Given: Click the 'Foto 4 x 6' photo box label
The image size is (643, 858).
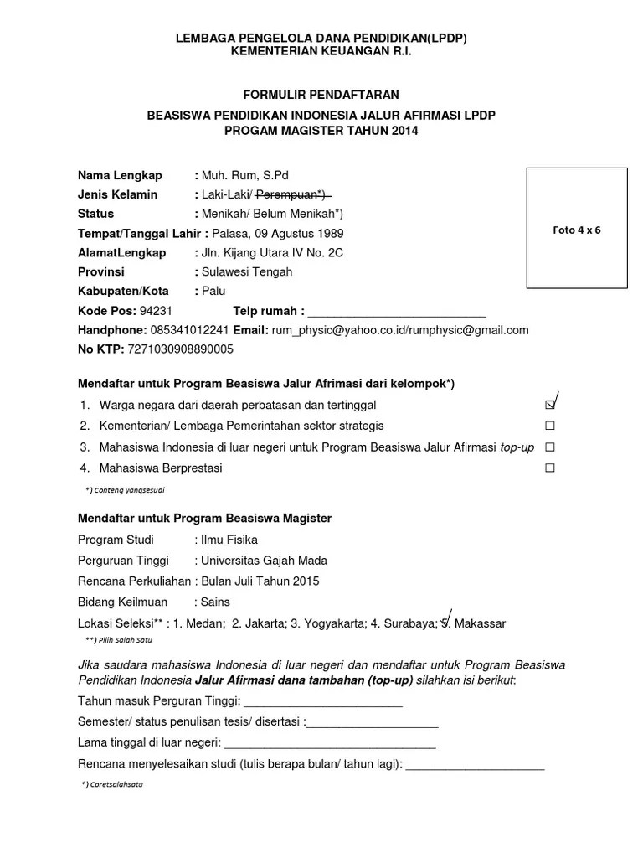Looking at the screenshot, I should point(577,230).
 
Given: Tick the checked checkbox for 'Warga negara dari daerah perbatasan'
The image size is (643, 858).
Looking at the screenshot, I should point(550,405).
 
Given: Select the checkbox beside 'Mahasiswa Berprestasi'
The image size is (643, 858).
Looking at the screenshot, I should point(550,468).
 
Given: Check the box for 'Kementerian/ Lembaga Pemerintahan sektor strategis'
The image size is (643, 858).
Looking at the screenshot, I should point(550,426).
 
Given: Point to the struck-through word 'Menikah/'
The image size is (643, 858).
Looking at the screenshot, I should point(226,214).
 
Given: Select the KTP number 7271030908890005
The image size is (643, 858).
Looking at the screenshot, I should point(181,349).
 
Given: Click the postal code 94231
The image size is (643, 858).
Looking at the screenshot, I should point(156,311).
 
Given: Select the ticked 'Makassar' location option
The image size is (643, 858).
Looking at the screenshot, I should point(478,623).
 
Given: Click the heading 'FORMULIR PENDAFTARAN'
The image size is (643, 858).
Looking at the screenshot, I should point(321,94).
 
